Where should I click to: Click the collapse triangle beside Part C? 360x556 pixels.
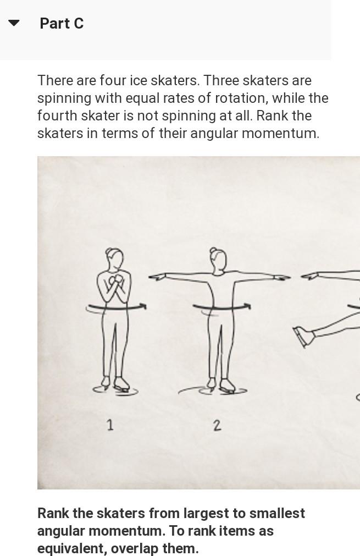[14, 23]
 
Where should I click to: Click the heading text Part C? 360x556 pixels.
[62, 24]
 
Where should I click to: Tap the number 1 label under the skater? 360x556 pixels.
[110, 425]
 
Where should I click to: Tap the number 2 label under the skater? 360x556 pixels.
[217, 425]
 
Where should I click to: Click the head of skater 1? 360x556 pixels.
[114, 258]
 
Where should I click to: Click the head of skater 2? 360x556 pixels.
[218, 258]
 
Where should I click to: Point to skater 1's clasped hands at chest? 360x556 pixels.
[115, 282]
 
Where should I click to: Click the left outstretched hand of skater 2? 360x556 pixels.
[158, 277]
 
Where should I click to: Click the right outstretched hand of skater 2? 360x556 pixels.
[281, 277]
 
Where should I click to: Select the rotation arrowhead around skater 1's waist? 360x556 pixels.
[143, 306]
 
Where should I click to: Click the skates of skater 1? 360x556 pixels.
[115, 385]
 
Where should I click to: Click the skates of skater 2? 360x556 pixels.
[220, 386]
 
